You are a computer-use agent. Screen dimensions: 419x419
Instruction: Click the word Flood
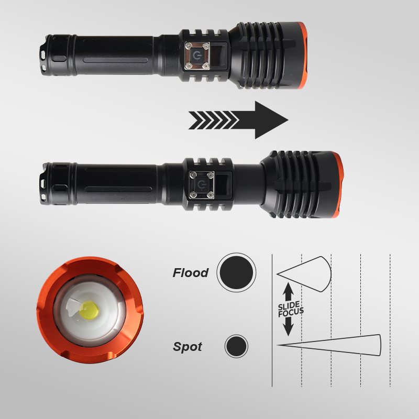point(191,272)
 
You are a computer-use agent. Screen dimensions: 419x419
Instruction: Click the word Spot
point(188,347)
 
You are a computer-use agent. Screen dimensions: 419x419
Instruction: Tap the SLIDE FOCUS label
point(291,310)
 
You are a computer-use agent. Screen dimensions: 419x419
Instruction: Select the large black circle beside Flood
point(236,272)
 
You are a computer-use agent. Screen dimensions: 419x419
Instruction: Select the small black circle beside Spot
point(236,346)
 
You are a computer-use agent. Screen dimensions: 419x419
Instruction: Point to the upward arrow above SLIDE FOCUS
point(288,292)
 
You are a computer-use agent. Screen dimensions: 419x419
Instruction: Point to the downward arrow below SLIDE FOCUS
point(288,326)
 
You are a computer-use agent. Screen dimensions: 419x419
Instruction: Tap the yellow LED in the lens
point(89,311)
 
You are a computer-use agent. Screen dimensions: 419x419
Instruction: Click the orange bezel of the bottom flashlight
point(338,185)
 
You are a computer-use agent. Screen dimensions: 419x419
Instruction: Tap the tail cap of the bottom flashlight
point(58,184)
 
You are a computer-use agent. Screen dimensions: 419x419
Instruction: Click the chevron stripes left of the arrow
point(213,120)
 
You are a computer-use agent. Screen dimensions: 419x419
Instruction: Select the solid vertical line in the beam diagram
point(272,320)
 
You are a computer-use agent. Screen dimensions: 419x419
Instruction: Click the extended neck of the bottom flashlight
point(248,184)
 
